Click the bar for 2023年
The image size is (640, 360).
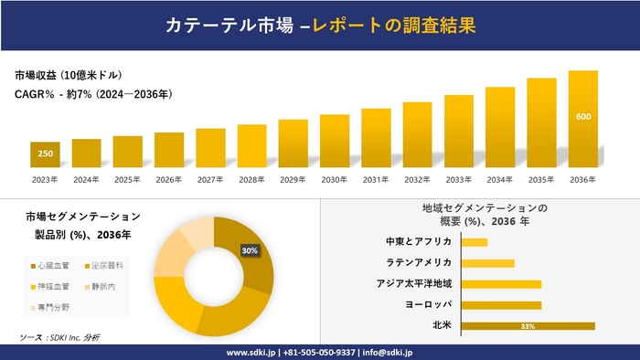(45, 154)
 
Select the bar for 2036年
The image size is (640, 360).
(582, 119)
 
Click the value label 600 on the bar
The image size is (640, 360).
(582, 117)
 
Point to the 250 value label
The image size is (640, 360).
(45, 154)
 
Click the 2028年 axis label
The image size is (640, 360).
(251, 179)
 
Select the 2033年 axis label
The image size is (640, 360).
(458, 179)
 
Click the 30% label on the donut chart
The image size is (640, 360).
(249, 249)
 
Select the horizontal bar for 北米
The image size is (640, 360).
(528, 326)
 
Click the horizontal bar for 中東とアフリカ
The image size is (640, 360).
(475, 242)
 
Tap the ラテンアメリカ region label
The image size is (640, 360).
(417, 262)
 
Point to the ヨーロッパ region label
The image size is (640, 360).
(425, 304)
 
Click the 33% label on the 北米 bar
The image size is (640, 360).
(528, 326)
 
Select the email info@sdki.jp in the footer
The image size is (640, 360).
(388, 352)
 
